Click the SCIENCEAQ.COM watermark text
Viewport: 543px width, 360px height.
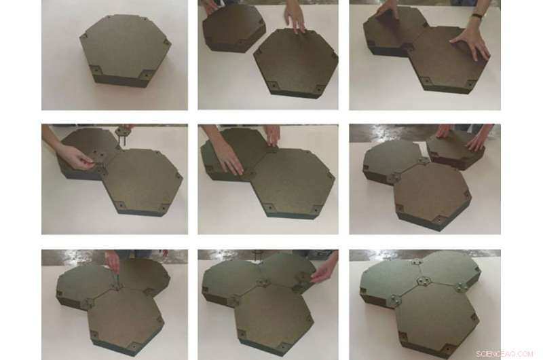[504, 354]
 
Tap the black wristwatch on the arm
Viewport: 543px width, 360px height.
[478, 16]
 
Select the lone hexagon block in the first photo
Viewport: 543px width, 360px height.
[126, 50]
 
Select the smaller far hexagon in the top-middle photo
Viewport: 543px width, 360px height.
[233, 29]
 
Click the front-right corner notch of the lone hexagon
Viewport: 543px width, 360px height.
[146, 74]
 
